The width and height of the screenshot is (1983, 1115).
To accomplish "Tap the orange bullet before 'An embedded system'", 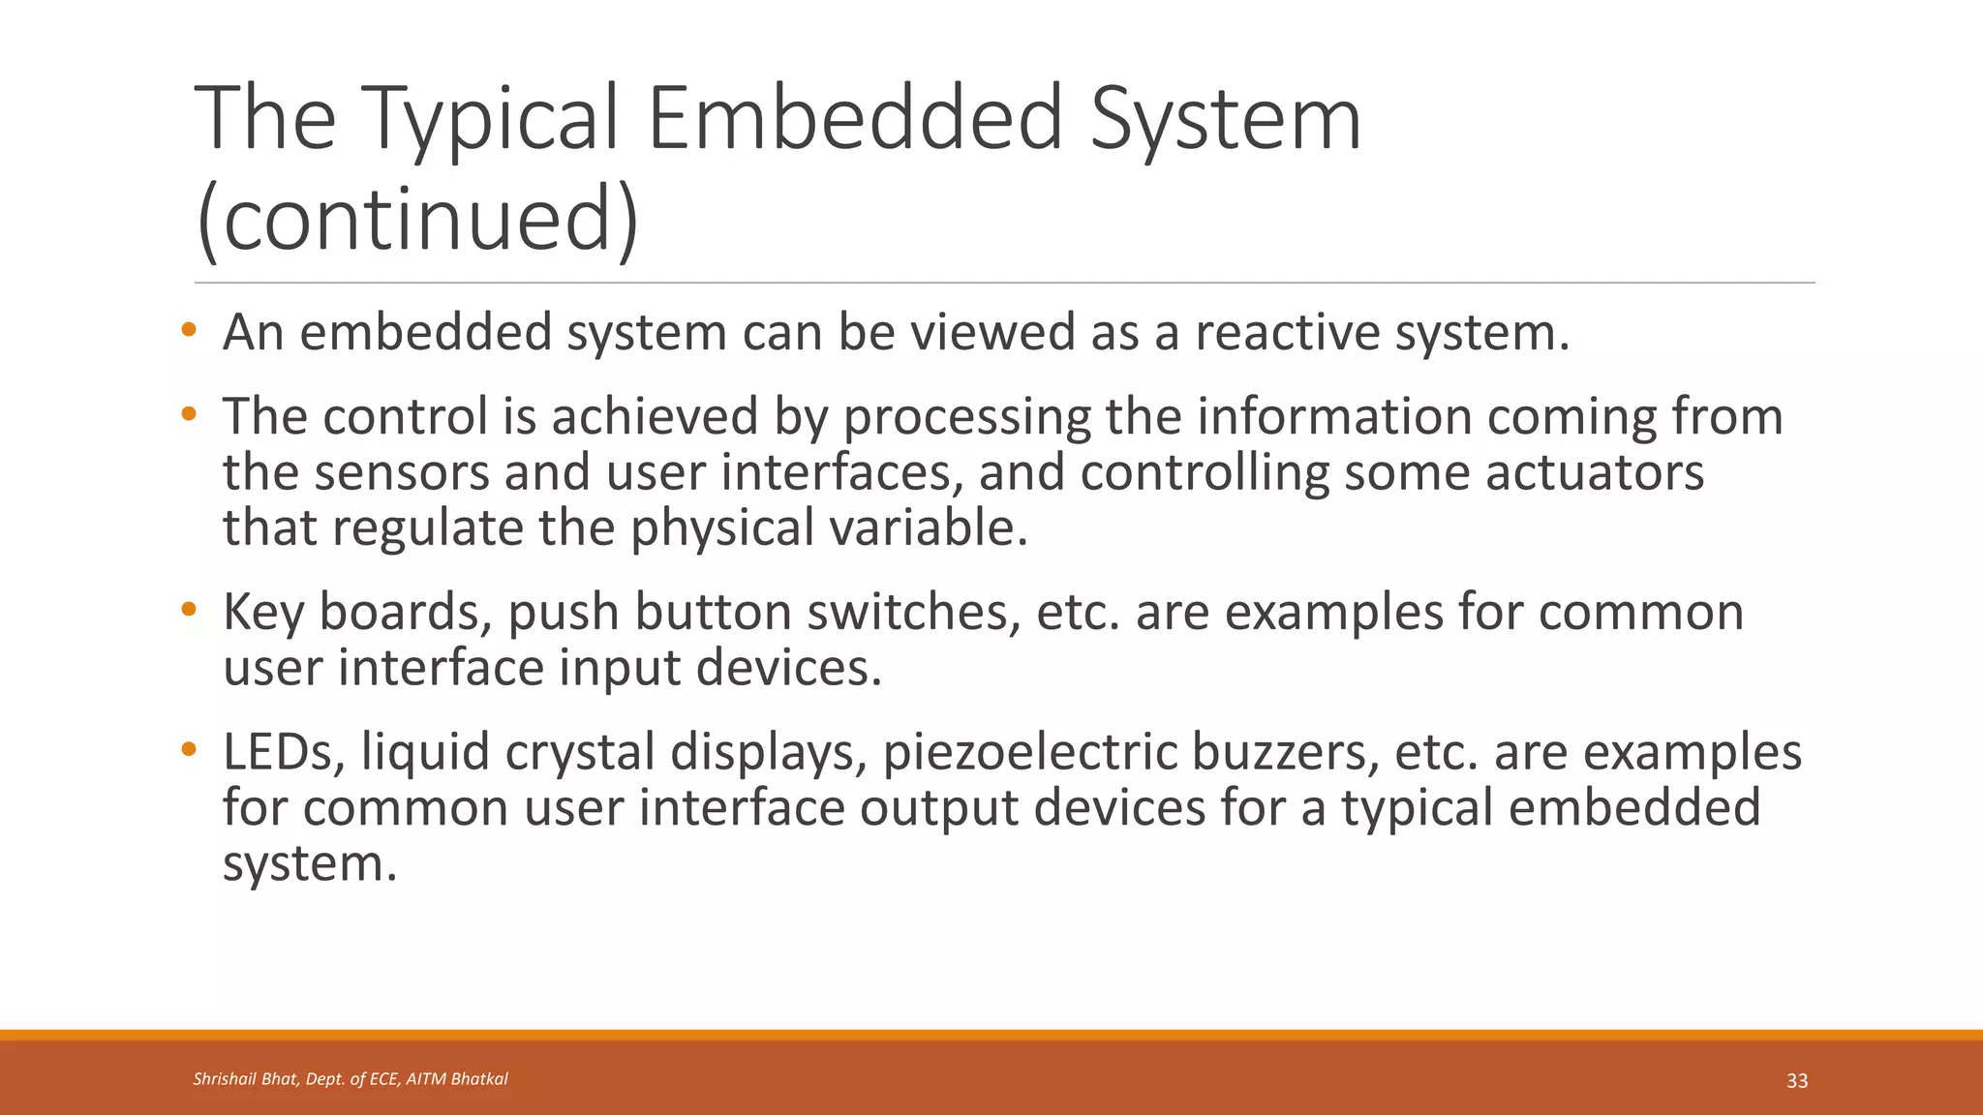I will pyautogui.click(x=189, y=331).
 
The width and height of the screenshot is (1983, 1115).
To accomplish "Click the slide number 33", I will pyautogui.click(x=1796, y=1081).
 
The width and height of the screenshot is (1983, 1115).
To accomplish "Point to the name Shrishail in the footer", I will pyautogui.click(x=224, y=1079).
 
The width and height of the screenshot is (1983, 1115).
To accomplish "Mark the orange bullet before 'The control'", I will pyautogui.click(x=189, y=415).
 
